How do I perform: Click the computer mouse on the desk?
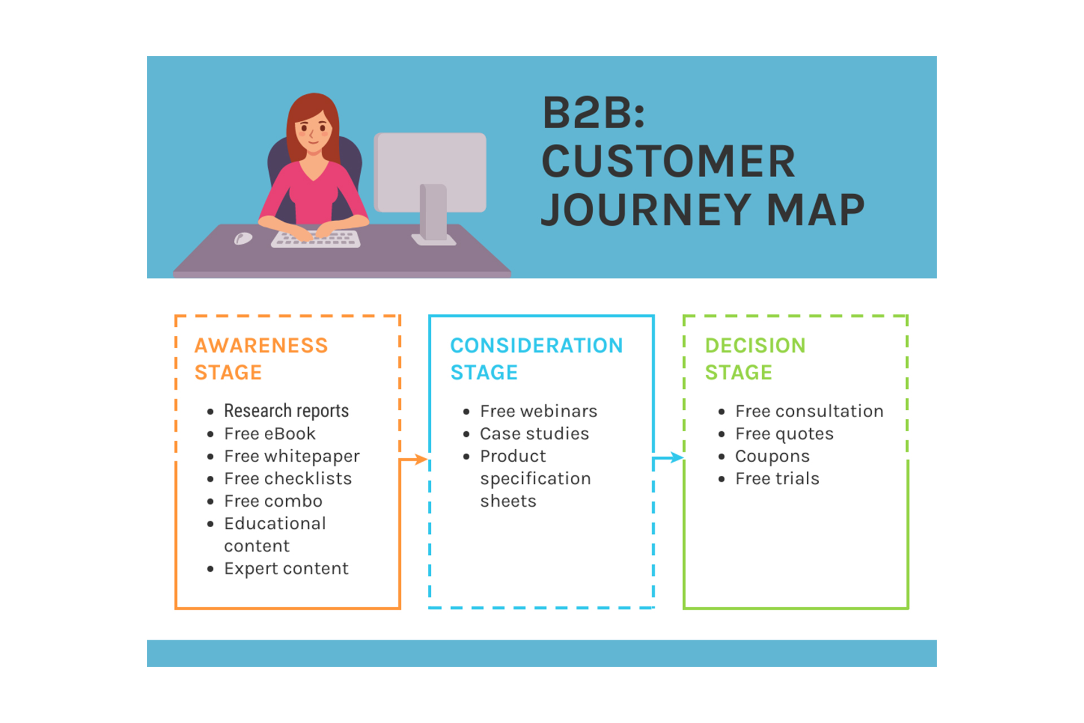pos(243,239)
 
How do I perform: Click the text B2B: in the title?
pos(593,113)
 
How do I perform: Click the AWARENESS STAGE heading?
pos(261,359)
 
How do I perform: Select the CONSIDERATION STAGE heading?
pos(536,359)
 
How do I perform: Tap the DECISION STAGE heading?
pos(755,359)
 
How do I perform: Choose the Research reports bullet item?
pos(286,411)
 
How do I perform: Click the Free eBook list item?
pos(270,433)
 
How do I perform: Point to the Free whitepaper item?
pos(292,456)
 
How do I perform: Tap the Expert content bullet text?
pos(286,568)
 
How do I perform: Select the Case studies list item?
pos(534,433)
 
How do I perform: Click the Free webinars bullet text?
pos(539,411)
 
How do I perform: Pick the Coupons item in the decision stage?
pos(772,456)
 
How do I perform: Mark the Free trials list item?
pos(777,479)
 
